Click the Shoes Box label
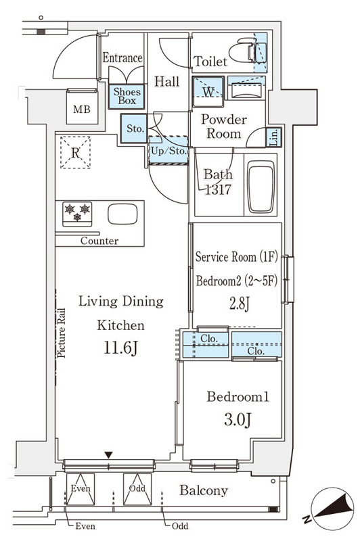pos(127,96)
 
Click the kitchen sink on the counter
pos(122,214)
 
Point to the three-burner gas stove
pos(77,214)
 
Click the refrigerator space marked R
pos(75,152)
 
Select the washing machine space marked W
pos(208,92)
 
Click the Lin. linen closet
pos(274,137)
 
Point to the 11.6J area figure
pos(121,348)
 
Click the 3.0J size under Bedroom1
pos(238,419)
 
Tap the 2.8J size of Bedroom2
pos(239,304)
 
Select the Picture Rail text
pos(61,333)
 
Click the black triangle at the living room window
pos(109,455)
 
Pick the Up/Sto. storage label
pos(168,151)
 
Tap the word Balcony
pos(204,490)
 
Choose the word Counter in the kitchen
pos(99,241)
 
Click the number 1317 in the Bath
pos(218,189)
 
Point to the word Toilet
pos(210,62)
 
